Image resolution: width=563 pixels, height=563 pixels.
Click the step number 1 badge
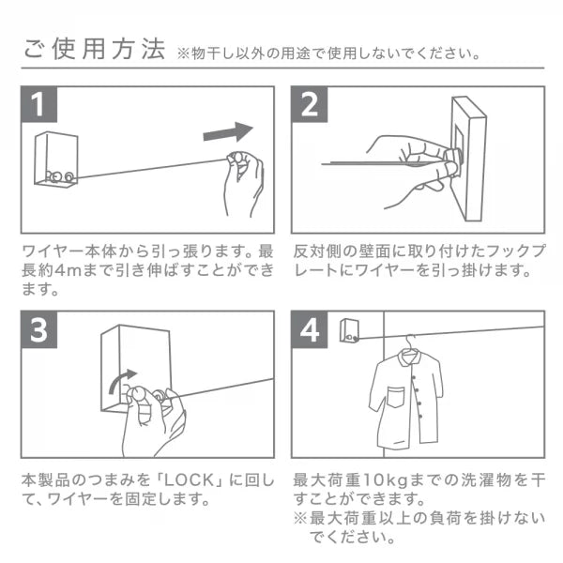pyautogui.click(x=38, y=104)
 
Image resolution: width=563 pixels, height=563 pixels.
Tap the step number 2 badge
pyautogui.click(x=309, y=104)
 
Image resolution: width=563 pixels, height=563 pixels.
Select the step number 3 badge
pyautogui.click(x=38, y=329)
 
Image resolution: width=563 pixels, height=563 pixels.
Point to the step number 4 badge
pyautogui.click(x=309, y=329)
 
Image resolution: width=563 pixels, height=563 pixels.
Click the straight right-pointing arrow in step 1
pyautogui.click(x=228, y=132)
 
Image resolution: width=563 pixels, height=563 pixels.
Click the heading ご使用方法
pyautogui.click(x=94, y=49)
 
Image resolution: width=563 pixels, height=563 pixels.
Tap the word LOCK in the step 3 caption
pyautogui.click(x=189, y=480)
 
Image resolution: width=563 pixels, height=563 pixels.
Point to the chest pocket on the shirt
pyautogui.click(x=395, y=397)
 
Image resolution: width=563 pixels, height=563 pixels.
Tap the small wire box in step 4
pyautogui.click(x=349, y=330)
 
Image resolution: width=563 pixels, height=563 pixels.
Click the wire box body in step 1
pyautogui.click(x=56, y=160)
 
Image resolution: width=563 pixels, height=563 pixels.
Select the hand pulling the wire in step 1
pyautogui.click(x=244, y=183)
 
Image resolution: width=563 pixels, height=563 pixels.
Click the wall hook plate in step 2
pyautogui.click(x=467, y=159)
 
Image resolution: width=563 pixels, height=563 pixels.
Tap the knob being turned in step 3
pyautogui.click(x=138, y=393)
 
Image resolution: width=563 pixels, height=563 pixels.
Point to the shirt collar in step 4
pyautogui.click(x=410, y=358)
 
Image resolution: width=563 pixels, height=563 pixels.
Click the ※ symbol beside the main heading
pyautogui.click(x=183, y=53)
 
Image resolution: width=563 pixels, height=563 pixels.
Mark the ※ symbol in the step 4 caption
pyautogui.click(x=299, y=518)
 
